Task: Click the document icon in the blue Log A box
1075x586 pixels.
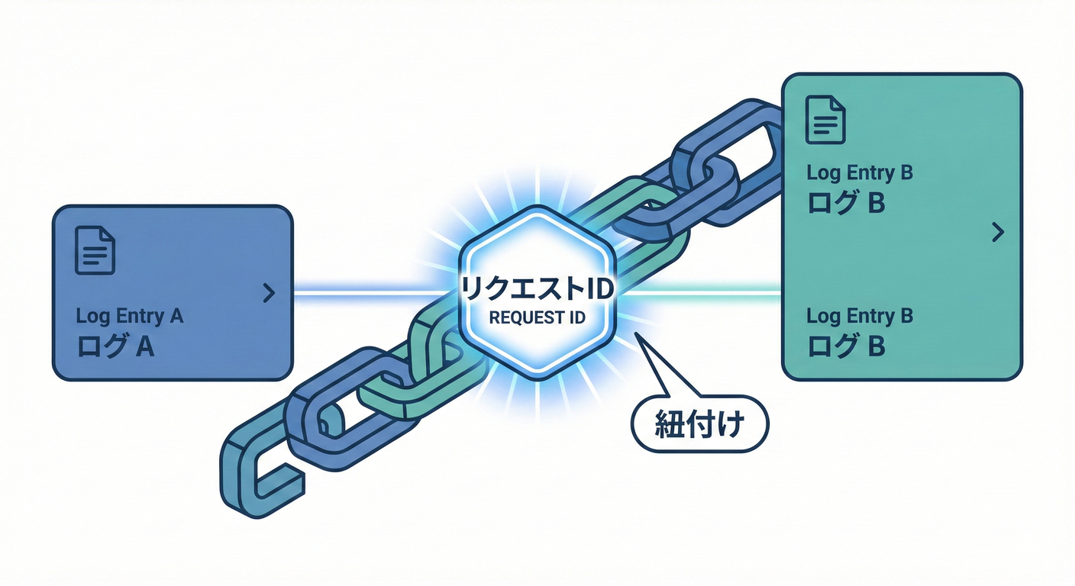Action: (x=95, y=250)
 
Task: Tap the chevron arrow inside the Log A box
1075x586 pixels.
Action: (x=268, y=293)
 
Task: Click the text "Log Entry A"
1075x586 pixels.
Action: (x=130, y=316)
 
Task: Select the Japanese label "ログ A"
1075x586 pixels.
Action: (x=116, y=347)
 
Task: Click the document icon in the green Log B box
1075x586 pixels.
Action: (x=826, y=119)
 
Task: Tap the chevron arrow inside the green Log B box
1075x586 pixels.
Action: (x=996, y=233)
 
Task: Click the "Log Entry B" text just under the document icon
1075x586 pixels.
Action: (x=860, y=173)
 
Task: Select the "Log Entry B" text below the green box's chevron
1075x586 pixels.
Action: (x=860, y=315)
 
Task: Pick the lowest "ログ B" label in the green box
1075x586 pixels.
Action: (x=846, y=346)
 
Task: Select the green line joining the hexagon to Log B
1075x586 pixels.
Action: (x=702, y=291)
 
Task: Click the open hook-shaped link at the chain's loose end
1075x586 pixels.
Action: (x=257, y=465)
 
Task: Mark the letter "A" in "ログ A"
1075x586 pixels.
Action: (x=144, y=347)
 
